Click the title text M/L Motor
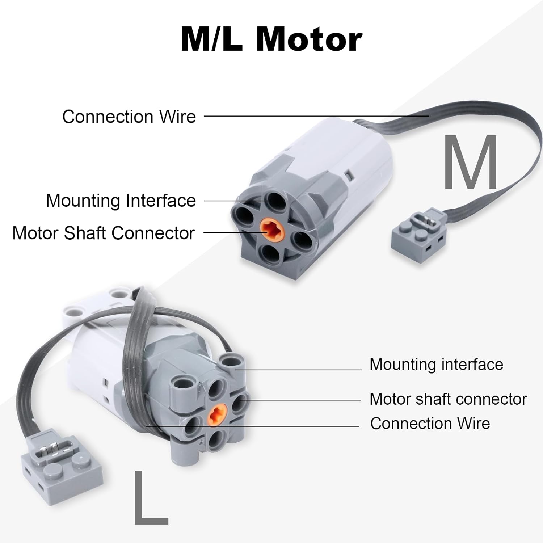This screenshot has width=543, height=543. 271,39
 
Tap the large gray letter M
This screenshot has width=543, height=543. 471,162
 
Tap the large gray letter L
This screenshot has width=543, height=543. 150,498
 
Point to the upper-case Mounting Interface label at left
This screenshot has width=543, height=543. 121,201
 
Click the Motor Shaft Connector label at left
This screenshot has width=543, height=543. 104,233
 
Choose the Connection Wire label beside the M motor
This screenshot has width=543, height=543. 129,117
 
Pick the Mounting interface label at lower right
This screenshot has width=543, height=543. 436,364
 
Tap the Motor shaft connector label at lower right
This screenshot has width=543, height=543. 448,399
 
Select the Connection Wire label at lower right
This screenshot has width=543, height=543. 430,423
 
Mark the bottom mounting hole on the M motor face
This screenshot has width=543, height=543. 270,255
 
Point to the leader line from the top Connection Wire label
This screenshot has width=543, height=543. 316,116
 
